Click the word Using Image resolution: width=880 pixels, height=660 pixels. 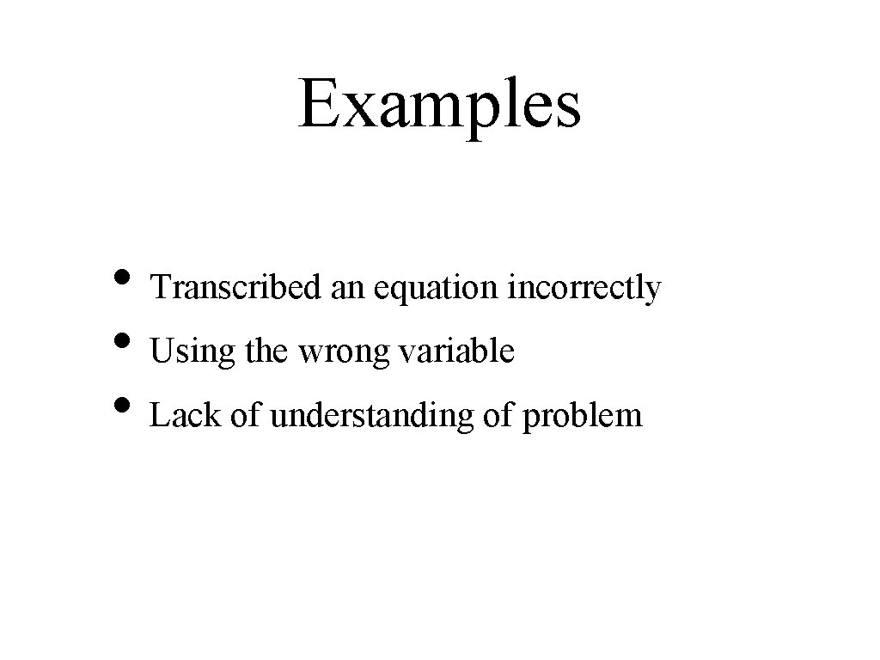(x=189, y=352)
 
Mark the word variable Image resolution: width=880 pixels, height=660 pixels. (x=459, y=351)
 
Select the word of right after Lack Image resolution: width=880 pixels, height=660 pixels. (x=245, y=415)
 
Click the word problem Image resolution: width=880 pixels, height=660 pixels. (x=582, y=417)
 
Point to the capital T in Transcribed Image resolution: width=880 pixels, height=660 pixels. (x=160, y=288)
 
